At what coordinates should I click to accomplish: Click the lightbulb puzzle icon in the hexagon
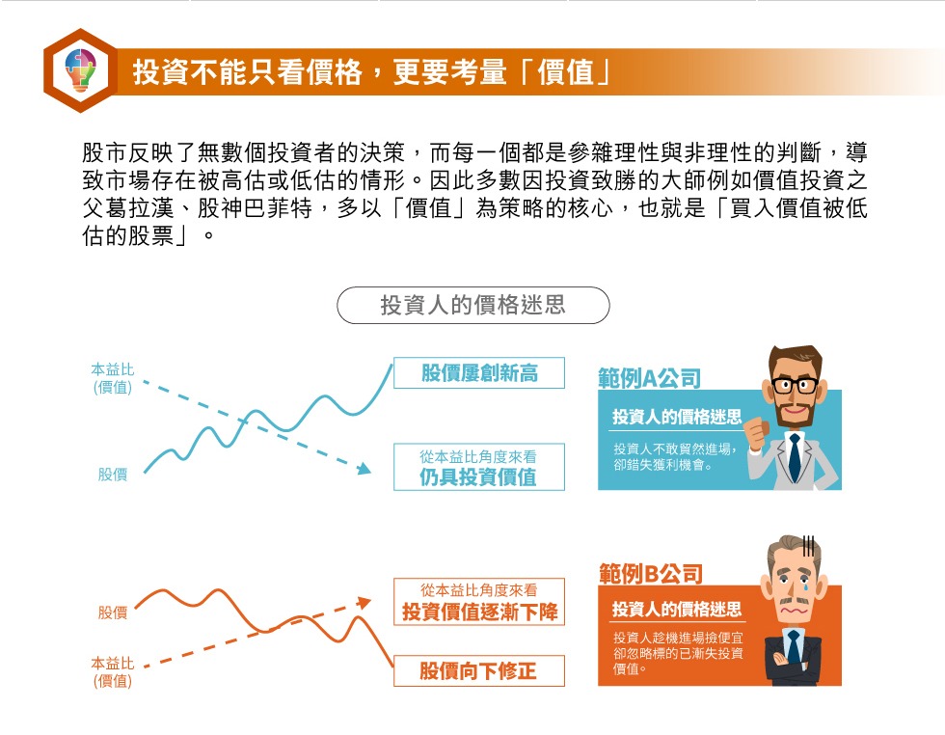(80, 70)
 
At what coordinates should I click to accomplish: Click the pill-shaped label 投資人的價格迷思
(473, 305)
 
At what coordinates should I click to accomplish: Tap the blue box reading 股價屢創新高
(479, 372)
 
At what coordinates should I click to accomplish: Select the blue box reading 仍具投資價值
(479, 467)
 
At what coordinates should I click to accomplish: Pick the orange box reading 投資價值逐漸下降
(479, 602)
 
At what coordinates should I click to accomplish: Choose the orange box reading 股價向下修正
(479, 670)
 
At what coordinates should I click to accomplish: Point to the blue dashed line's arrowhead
(364, 469)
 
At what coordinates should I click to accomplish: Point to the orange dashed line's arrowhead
(364, 602)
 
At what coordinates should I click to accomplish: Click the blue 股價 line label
(113, 475)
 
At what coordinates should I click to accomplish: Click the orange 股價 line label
(113, 612)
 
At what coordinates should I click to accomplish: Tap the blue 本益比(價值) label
(113, 378)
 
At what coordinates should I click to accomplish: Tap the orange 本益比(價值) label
(113, 672)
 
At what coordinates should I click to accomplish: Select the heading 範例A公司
(650, 378)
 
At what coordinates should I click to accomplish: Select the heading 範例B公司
(651, 573)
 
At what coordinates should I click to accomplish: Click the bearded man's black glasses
(795, 385)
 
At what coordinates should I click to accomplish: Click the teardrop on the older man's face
(805, 585)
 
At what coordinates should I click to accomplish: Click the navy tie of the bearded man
(795, 457)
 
